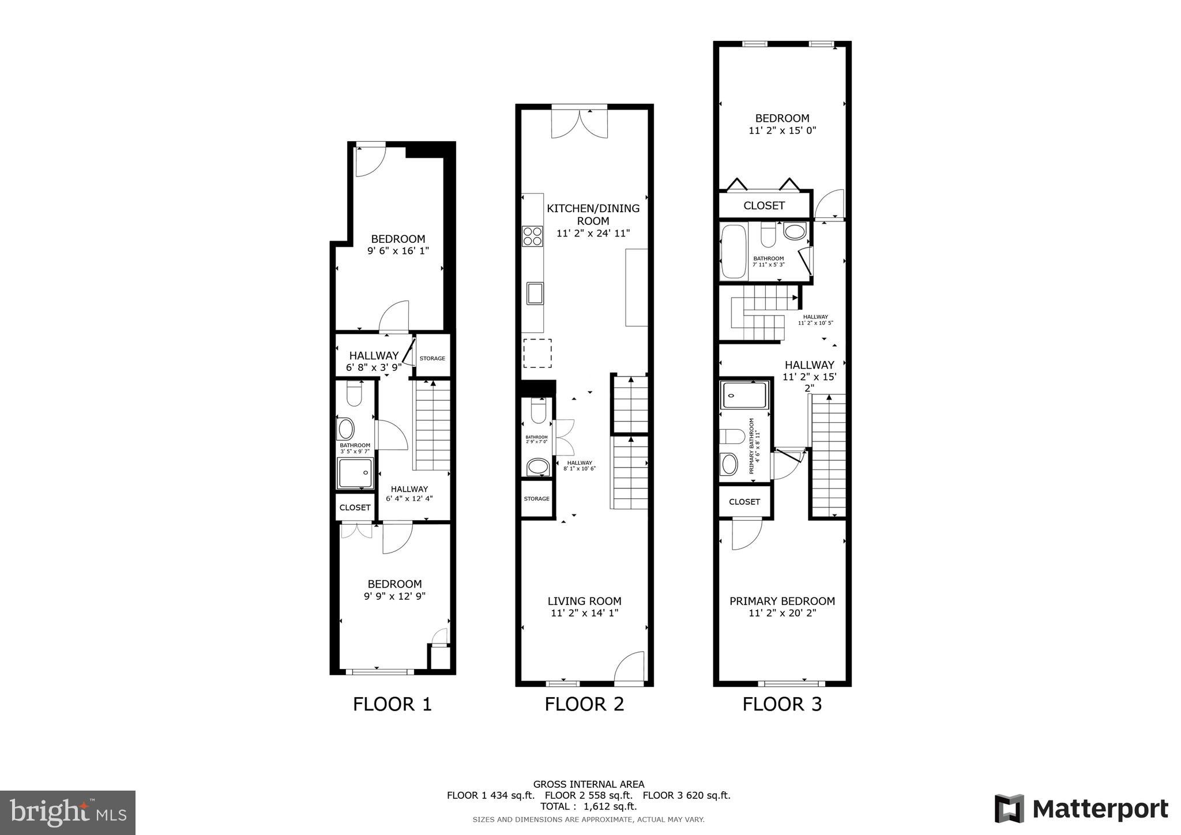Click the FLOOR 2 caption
click(x=584, y=704)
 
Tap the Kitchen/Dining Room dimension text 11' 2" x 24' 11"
click(x=593, y=234)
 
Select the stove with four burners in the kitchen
click(x=532, y=236)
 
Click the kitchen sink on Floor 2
click(x=535, y=293)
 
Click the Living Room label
click(x=584, y=601)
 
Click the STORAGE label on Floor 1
click(x=432, y=358)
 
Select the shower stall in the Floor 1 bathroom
click(x=355, y=473)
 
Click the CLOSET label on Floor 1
click(x=355, y=507)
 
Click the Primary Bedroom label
click(x=782, y=601)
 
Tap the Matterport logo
click(x=1081, y=809)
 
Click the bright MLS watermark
click(x=68, y=813)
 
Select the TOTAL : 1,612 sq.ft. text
click(x=588, y=806)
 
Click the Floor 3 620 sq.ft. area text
click(x=686, y=795)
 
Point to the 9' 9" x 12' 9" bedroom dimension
click(x=394, y=596)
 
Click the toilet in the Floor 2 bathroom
click(x=538, y=411)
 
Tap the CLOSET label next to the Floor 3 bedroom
click(x=763, y=205)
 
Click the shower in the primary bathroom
click(x=744, y=395)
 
